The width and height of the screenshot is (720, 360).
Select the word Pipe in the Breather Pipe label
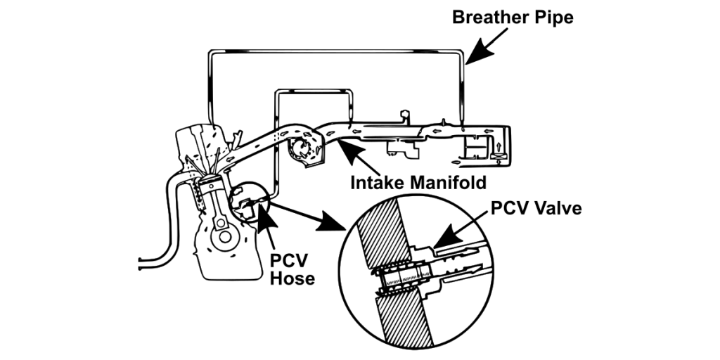(x=554, y=17)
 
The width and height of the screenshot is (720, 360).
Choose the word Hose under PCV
(x=292, y=277)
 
